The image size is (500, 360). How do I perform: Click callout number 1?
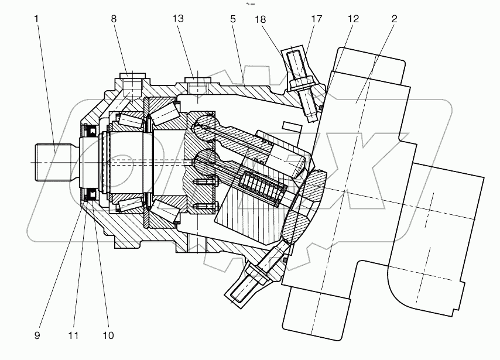click(36, 19)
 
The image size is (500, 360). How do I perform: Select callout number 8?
click(114, 19)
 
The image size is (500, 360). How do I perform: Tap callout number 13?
click(179, 19)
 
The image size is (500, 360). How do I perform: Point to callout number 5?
click(233, 19)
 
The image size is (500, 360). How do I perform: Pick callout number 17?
click(317, 19)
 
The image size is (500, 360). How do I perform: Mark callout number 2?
click(394, 19)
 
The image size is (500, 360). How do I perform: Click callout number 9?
click(36, 335)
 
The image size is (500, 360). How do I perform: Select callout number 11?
click(73, 335)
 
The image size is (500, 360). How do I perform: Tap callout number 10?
click(108, 335)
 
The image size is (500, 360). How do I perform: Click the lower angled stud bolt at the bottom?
click(249, 281)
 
